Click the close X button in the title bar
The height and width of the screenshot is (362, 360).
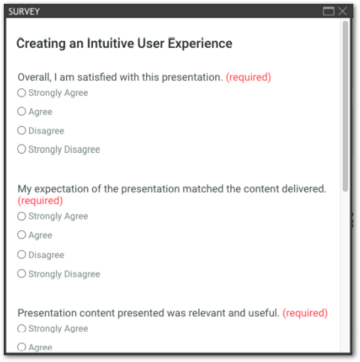point(342,11)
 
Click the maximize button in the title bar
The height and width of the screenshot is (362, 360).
point(328,11)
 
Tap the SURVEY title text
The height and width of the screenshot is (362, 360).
point(24,11)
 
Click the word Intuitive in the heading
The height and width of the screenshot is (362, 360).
point(110,43)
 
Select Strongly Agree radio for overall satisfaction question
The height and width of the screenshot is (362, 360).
point(22,93)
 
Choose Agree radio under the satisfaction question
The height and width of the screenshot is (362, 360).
point(22,112)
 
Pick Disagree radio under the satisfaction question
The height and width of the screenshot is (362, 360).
point(22,130)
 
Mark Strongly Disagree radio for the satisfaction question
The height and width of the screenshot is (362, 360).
point(22,149)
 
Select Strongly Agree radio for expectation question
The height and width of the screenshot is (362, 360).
point(22,217)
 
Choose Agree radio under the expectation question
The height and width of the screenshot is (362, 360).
point(22,235)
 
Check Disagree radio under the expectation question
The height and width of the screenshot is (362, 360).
point(22,255)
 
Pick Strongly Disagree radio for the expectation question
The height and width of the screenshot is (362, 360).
point(22,274)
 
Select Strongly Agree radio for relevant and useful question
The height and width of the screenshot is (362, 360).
point(22,328)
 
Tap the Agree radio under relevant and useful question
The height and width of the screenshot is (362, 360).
point(22,347)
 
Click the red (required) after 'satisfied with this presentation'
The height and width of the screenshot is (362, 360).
point(248,77)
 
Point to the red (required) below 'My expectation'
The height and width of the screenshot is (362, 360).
point(40,201)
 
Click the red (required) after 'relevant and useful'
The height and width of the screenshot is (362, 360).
point(305,313)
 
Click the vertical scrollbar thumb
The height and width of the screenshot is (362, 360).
point(345,106)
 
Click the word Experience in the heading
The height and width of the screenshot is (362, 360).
point(200,43)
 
